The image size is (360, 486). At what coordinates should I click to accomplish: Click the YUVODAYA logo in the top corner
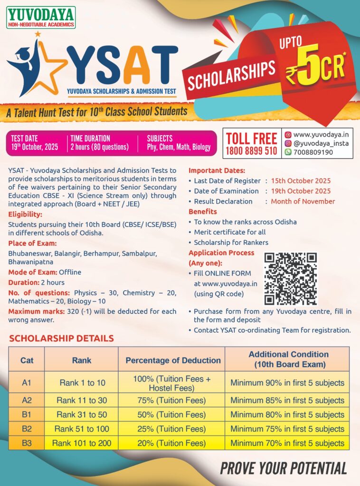[x=41, y=18]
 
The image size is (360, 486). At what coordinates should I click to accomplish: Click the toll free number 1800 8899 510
[x=251, y=150]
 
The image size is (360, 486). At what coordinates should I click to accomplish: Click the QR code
[x=291, y=279]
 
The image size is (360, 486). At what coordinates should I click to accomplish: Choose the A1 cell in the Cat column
[x=27, y=382]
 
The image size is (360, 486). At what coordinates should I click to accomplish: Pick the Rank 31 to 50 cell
[x=82, y=414]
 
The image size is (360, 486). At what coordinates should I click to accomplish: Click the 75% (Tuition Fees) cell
[x=171, y=400]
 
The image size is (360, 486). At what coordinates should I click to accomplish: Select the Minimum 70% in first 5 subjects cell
[x=287, y=443]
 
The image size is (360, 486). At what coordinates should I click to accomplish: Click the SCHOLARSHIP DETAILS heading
[x=61, y=338]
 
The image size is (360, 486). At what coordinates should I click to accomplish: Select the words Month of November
[x=303, y=201]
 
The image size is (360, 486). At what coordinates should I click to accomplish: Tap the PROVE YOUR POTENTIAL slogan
[x=283, y=468]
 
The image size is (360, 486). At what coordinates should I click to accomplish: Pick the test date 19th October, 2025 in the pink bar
[x=35, y=147]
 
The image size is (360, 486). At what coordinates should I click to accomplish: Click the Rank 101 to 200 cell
[x=82, y=443]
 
